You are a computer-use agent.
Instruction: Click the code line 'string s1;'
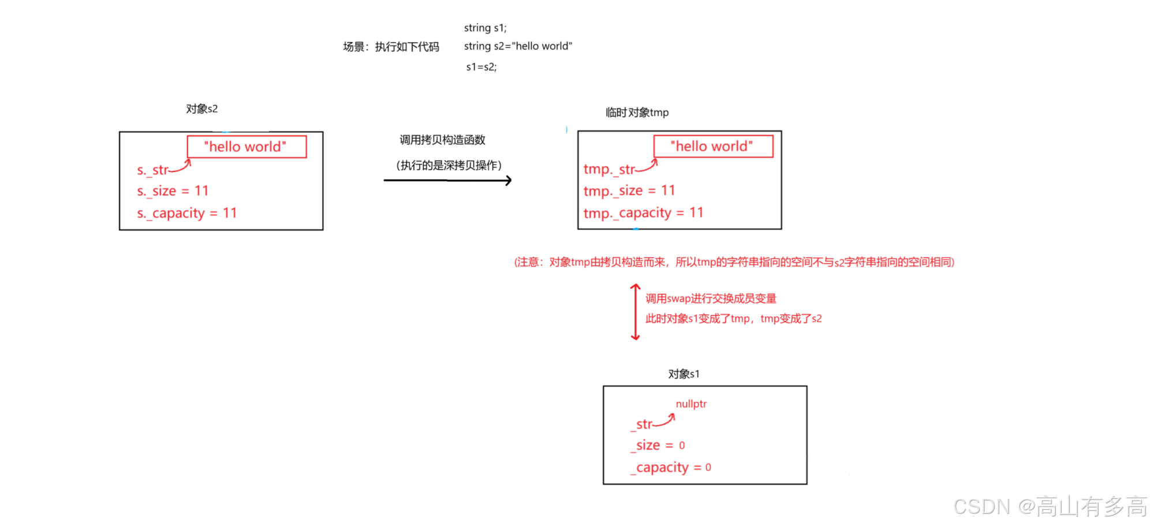tap(485, 28)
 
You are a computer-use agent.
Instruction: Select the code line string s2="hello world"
tap(518, 46)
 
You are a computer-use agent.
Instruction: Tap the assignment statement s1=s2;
tap(481, 67)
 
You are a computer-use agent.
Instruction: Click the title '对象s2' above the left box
tap(201, 109)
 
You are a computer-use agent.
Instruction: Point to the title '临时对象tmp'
tap(637, 113)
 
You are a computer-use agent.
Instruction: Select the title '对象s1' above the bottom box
tap(684, 374)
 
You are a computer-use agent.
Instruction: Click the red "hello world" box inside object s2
tap(247, 147)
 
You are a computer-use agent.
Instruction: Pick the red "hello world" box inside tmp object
tap(713, 146)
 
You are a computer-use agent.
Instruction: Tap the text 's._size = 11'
tap(173, 191)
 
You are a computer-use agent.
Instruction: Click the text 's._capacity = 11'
tap(187, 213)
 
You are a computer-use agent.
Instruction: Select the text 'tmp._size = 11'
tap(629, 191)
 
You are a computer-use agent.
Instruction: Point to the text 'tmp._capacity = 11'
tap(643, 213)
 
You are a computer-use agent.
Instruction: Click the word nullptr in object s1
tap(691, 404)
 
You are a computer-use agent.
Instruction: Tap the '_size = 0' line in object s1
tap(658, 445)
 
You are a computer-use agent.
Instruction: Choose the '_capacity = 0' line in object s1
tap(671, 467)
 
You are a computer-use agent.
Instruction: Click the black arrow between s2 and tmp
tap(447, 181)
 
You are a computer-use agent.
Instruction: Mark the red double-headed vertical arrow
tap(635, 312)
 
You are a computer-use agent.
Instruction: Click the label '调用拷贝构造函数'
tap(442, 140)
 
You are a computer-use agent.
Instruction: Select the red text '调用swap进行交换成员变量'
tap(711, 299)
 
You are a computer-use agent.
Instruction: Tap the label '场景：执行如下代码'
tap(391, 47)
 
